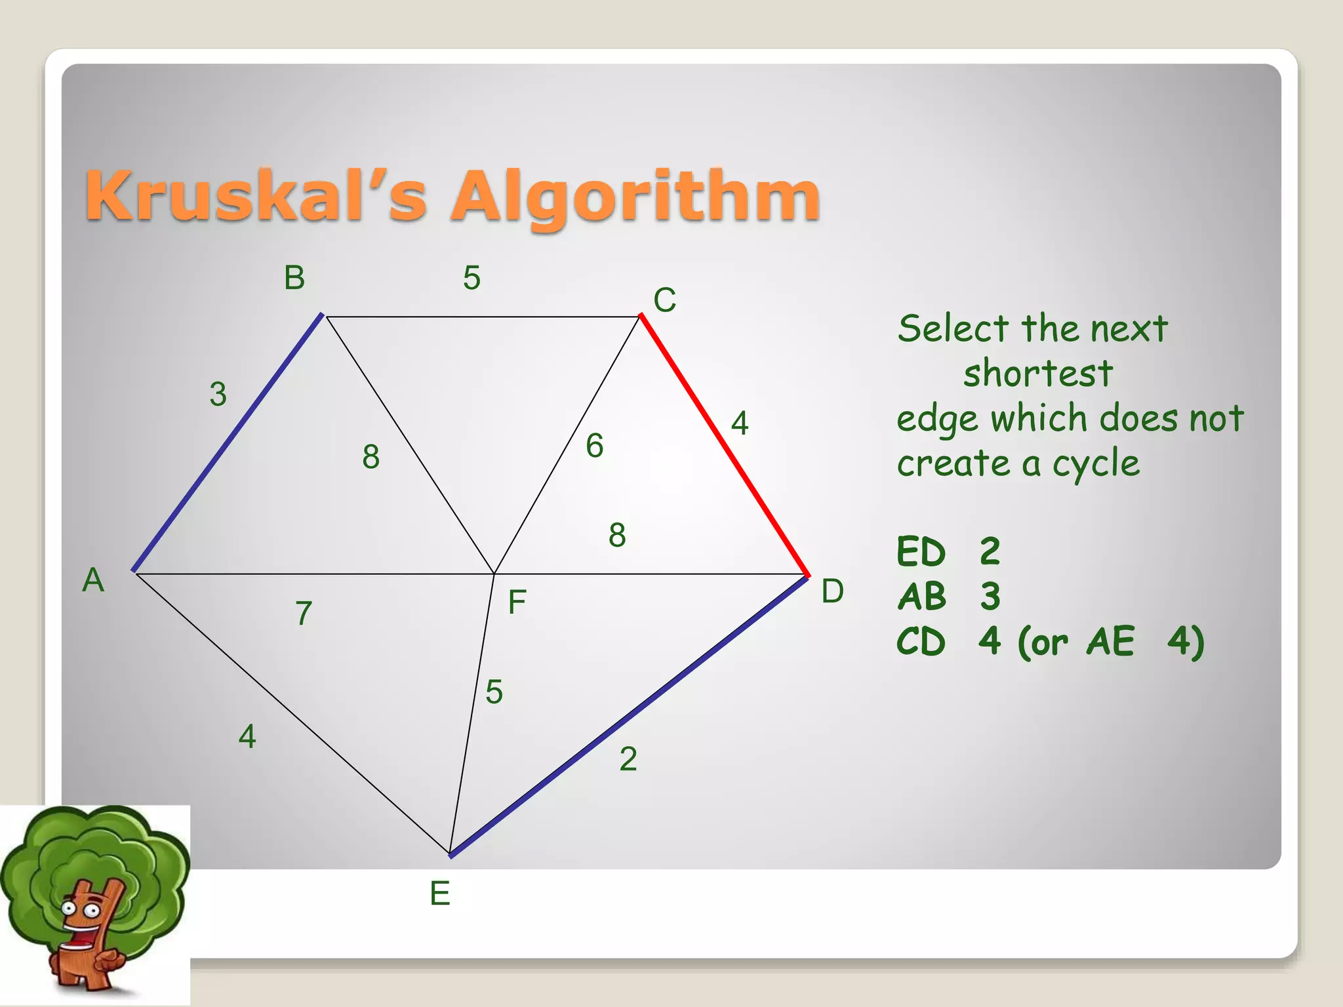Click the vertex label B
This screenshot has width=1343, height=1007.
click(294, 278)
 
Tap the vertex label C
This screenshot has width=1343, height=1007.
click(664, 300)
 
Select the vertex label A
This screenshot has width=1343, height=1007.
click(93, 580)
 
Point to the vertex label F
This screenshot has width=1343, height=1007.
click(517, 602)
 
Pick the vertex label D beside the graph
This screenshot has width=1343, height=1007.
click(832, 591)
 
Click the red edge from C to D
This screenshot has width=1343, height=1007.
click(724, 446)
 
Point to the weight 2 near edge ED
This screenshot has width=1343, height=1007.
click(628, 759)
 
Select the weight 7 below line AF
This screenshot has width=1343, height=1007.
click(303, 614)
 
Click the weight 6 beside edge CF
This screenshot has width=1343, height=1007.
click(595, 446)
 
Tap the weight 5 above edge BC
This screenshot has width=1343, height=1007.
click(471, 278)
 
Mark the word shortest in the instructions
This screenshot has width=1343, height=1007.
click(1037, 374)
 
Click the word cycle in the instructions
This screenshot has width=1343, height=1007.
click(1096, 464)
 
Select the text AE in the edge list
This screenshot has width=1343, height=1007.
click(1110, 641)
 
